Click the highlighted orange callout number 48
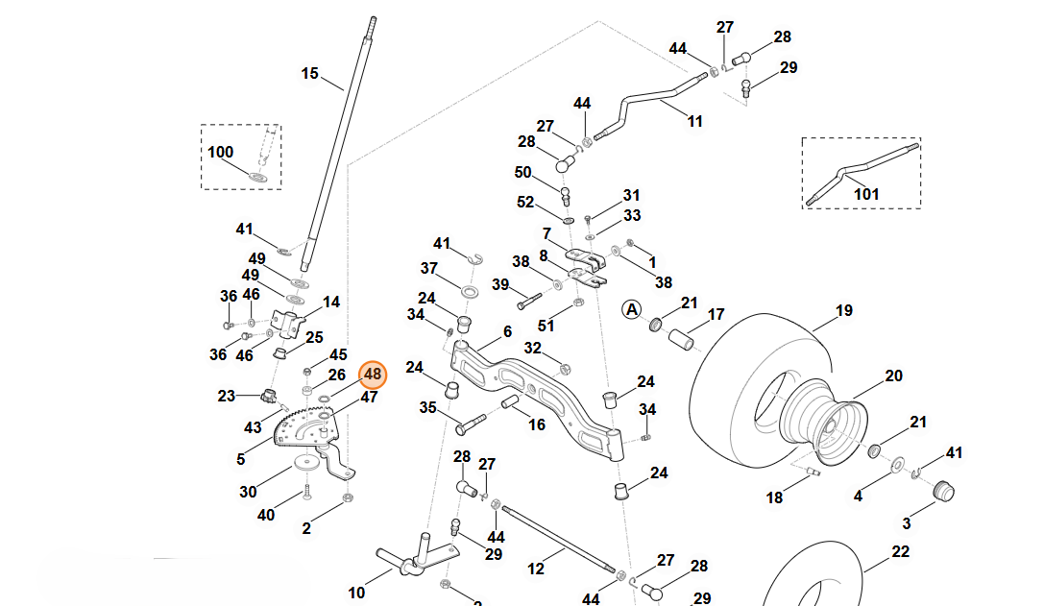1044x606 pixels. click(373, 374)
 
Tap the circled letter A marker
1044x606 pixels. click(631, 309)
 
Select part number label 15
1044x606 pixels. click(309, 73)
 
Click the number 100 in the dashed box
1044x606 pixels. click(220, 152)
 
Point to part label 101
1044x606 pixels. click(866, 194)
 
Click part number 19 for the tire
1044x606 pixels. click(843, 310)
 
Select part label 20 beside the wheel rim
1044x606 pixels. click(893, 376)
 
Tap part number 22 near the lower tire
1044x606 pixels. click(900, 551)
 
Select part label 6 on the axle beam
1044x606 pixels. click(507, 332)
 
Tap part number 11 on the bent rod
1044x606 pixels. click(694, 121)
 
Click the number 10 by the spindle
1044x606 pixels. click(356, 593)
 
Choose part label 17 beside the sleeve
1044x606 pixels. click(716, 314)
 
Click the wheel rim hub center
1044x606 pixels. click(823, 423)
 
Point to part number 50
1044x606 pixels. click(522, 172)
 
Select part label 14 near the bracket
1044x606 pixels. click(331, 302)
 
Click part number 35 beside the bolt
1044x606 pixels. click(427, 407)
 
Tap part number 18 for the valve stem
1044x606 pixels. click(774, 497)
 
